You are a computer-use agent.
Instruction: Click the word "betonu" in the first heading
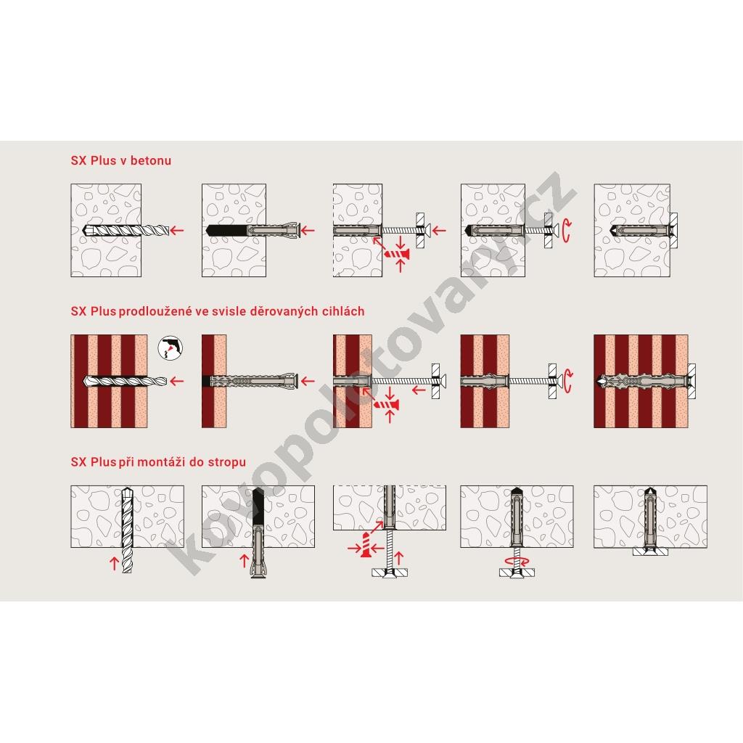(x=151, y=160)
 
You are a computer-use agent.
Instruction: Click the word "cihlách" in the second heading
(x=343, y=311)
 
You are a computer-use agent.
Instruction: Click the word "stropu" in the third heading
(x=227, y=462)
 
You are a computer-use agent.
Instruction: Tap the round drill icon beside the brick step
(x=170, y=348)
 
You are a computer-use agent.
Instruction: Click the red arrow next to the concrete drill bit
(x=177, y=231)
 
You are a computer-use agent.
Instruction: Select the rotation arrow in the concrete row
(x=567, y=231)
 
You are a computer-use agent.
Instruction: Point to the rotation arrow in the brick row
(x=567, y=382)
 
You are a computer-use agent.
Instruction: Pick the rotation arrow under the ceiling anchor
(x=517, y=561)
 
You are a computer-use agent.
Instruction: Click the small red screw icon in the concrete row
(x=397, y=255)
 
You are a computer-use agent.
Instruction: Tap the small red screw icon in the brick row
(x=387, y=405)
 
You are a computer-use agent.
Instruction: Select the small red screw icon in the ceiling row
(x=366, y=544)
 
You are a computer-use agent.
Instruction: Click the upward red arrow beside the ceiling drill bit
(x=114, y=563)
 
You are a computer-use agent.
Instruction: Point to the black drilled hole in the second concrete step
(x=227, y=231)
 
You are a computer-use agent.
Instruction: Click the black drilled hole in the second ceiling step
(x=258, y=506)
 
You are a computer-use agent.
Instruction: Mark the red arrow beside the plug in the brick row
(x=308, y=381)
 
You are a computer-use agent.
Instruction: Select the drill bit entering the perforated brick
(x=125, y=381)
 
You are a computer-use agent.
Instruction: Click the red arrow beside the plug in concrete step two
(x=308, y=231)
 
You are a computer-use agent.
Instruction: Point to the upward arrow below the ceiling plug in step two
(x=245, y=561)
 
